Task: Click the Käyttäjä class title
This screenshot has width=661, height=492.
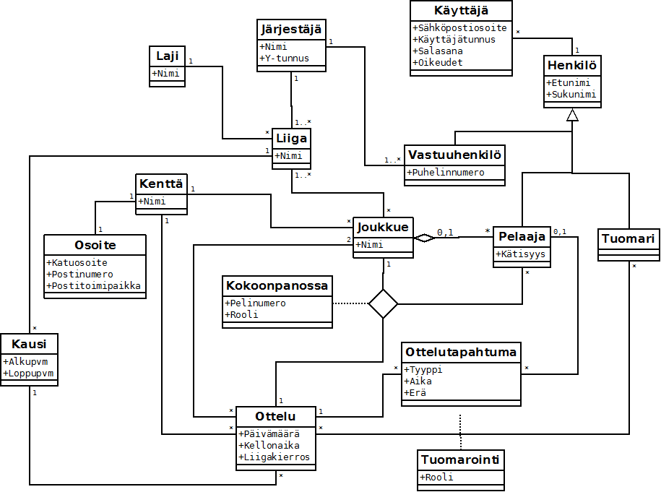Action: [461, 11]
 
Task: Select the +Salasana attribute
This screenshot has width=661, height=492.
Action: [438, 51]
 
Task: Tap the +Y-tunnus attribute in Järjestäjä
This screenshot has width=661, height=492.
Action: [284, 59]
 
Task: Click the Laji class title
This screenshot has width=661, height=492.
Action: [168, 56]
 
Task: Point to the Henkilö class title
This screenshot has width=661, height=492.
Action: [572, 65]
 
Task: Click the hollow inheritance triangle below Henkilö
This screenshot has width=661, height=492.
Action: [572, 115]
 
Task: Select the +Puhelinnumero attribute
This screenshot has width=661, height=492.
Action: [446, 173]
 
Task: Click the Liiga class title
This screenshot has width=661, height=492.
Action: [291, 138]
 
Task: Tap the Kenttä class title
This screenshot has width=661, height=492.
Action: [161, 184]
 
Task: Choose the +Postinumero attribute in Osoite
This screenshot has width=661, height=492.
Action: [79, 274]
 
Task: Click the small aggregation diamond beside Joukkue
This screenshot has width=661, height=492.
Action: [425, 238]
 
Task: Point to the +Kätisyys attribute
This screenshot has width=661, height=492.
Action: [521, 254]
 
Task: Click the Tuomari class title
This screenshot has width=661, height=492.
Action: [628, 238]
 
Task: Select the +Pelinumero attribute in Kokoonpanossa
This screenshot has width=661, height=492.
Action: [255, 303]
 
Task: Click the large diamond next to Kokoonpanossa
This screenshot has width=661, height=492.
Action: [383, 303]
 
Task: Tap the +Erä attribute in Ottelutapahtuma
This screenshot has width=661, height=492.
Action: [415, 393]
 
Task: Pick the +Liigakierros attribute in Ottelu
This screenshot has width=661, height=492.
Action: [274, 457]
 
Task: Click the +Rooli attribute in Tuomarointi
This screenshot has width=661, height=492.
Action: [436, 478]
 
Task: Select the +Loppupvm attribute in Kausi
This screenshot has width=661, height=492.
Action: [28, 374]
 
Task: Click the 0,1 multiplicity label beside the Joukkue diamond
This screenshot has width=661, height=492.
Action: [445, 233]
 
